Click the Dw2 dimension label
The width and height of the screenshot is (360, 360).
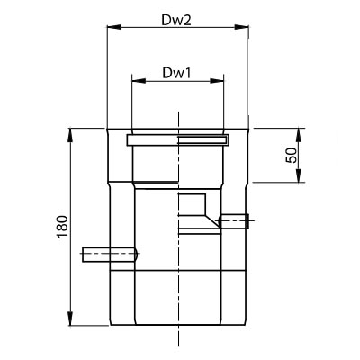point(176,20)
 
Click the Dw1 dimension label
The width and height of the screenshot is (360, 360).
point(176,73)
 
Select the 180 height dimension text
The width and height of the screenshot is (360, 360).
point(63,227)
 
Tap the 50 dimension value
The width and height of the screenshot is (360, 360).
point(292,155)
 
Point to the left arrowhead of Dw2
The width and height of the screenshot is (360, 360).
point(114,27)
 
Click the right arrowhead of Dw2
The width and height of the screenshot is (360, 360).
point(241,27)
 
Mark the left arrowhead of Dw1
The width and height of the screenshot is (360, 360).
point(139,81)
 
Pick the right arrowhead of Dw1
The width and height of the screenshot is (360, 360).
point(217,81)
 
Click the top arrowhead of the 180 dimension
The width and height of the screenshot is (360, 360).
point(70,136)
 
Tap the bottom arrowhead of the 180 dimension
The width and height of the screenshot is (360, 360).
point(70,318)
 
